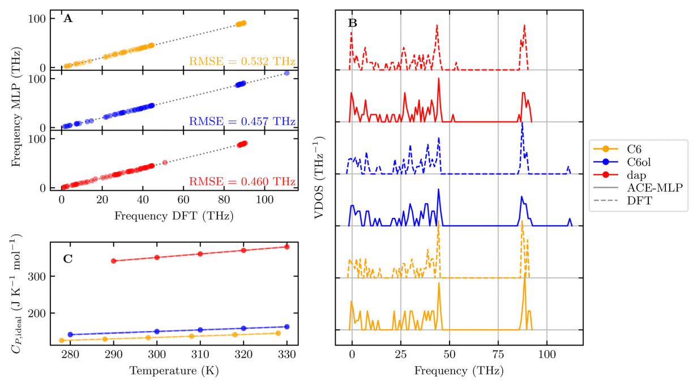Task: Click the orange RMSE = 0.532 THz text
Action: point(242,61)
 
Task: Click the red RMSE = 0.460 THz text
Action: point(242,182)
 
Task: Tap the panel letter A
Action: point(68,19)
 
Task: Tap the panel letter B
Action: point(353,23)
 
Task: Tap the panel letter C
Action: point(68,259)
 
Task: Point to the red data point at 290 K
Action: point(114,261)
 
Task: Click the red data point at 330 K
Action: point(287,247)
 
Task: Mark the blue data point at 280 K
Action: point(70,334)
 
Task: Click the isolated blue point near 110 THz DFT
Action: point(287,73)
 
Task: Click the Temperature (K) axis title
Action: point(174,371)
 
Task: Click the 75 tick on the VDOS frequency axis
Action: point(498,357)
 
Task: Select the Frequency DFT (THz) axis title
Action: point(174,215)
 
